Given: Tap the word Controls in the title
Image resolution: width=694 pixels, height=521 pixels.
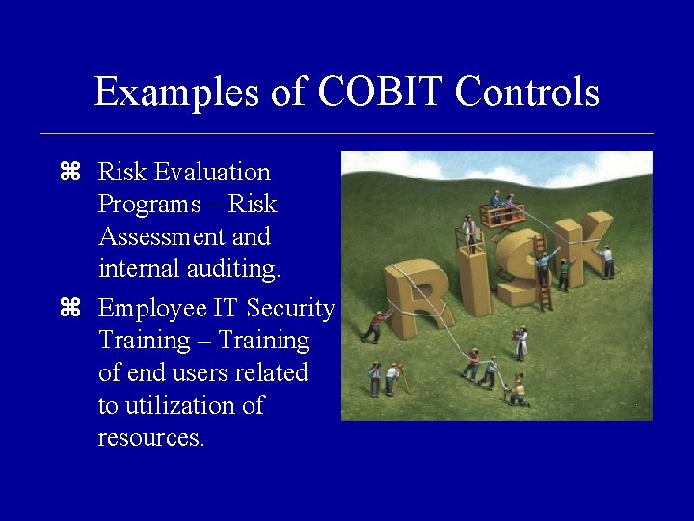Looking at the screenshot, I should click(527, 93).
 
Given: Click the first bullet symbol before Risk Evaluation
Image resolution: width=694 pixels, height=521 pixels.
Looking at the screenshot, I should click(68, 173).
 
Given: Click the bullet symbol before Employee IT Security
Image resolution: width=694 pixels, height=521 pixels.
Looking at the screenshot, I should click(68, 309).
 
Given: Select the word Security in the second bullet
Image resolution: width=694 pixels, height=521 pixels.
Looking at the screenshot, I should click(290, 309).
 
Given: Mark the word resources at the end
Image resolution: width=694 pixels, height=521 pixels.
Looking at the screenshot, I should click(150, 438).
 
